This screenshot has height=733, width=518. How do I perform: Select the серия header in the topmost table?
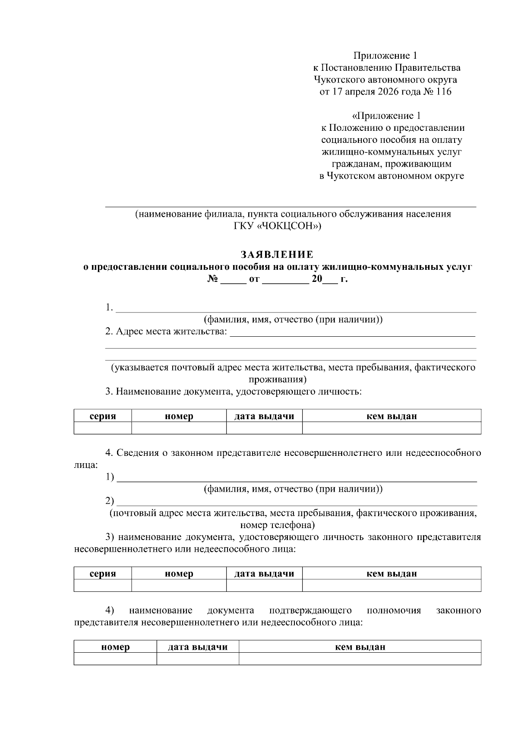(103, 416)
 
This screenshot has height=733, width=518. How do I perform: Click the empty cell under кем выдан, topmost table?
(392, 428)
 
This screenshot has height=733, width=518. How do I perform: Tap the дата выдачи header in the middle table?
(264, 574)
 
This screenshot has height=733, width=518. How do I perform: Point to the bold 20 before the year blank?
(317, 279)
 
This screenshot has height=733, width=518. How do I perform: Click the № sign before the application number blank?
(212, 279)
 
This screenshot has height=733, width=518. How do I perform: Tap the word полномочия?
(394, 610)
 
